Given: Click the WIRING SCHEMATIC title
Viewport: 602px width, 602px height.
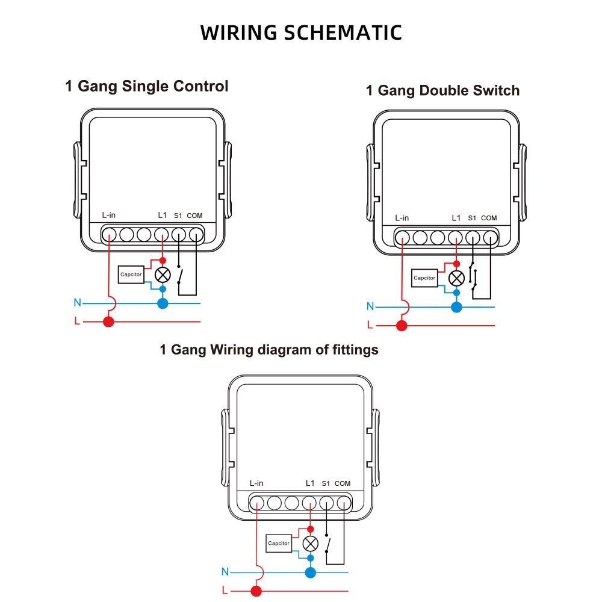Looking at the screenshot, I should (x=301, y=33).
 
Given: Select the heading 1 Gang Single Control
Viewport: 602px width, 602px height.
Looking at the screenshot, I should (x=146, y=86).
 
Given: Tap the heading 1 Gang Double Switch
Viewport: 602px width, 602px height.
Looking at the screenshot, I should (x=442, y=91).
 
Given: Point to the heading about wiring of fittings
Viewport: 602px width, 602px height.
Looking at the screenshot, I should (x=268, y=349).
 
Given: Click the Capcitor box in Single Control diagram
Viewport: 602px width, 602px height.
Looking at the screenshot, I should (x=131, y=275).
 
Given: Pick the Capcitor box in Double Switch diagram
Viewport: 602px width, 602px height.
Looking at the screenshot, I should (x=424, y=278).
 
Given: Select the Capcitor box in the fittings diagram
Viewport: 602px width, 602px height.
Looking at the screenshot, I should (x=279, y=544).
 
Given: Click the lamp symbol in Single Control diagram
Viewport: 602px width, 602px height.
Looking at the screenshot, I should (x=163, y=275).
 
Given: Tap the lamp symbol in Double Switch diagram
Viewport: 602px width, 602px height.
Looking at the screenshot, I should (x=456, y=278).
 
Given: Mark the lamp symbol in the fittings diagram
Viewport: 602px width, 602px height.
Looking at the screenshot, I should (x=310, y=544).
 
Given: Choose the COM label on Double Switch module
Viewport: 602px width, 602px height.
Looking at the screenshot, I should (x=489, y=218).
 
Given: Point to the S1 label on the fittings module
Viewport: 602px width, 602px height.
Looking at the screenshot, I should (x=326, y=483).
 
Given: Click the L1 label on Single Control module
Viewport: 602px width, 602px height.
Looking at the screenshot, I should (x=162, y=215).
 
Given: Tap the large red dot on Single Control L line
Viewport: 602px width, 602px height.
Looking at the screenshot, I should (x=108, y=321).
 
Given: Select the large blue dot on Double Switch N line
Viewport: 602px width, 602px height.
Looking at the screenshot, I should (x=456, y=307).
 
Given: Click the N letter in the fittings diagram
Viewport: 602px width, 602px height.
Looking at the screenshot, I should (x=225, y=571).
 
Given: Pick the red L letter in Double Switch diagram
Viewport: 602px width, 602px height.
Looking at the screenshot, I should (x=370, y=326).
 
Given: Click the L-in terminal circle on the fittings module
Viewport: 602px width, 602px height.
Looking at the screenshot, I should (x=257, y=503).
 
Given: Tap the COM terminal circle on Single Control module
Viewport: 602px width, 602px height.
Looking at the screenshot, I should (x=196, y=234).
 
